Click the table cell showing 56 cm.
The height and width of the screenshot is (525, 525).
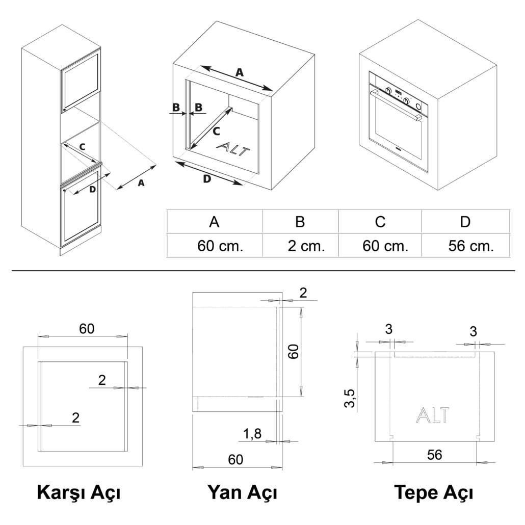click(x=471, y=246)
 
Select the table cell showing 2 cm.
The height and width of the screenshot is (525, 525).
click(x=306, y=246)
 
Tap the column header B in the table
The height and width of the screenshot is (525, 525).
click(x=300, y=222)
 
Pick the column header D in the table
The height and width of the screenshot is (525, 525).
click(x=465, y=222)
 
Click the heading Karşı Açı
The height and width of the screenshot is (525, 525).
click(x=78, y=493)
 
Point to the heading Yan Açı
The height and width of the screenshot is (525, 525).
click(x=242, y=493)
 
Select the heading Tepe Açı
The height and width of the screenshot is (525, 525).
click(x=434, y=493)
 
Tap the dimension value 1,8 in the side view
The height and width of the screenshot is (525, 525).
click(x=252, y=434)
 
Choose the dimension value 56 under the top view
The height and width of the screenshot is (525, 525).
click(x=435, y=455)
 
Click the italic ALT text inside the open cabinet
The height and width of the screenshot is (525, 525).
click(x=233, y=149)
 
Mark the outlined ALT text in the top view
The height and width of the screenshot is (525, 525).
click(x=432, y=415)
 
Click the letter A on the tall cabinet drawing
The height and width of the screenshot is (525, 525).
click(x=141, y=183)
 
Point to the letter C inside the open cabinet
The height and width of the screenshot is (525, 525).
click(x=216, y=132)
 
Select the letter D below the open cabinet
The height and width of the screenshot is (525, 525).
click(x=207, y=179)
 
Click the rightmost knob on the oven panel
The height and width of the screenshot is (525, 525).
click(x=418, y=107)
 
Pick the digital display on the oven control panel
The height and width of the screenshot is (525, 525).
click(x=399, y=91)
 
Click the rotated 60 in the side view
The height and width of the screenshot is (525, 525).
click(x=294, y=351)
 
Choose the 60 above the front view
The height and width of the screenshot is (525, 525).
click(x=87, y=329)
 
